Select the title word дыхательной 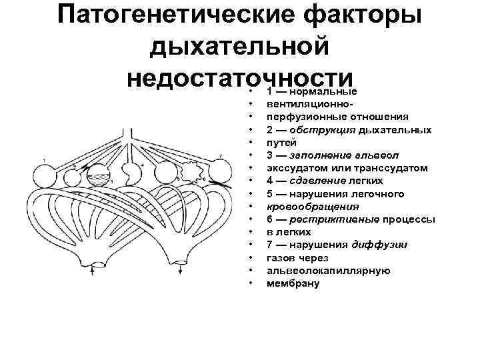tap(240, 47)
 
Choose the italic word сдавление tap(319, 181)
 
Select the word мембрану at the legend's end tap(293, 283)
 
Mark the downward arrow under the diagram tap(181, 271)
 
